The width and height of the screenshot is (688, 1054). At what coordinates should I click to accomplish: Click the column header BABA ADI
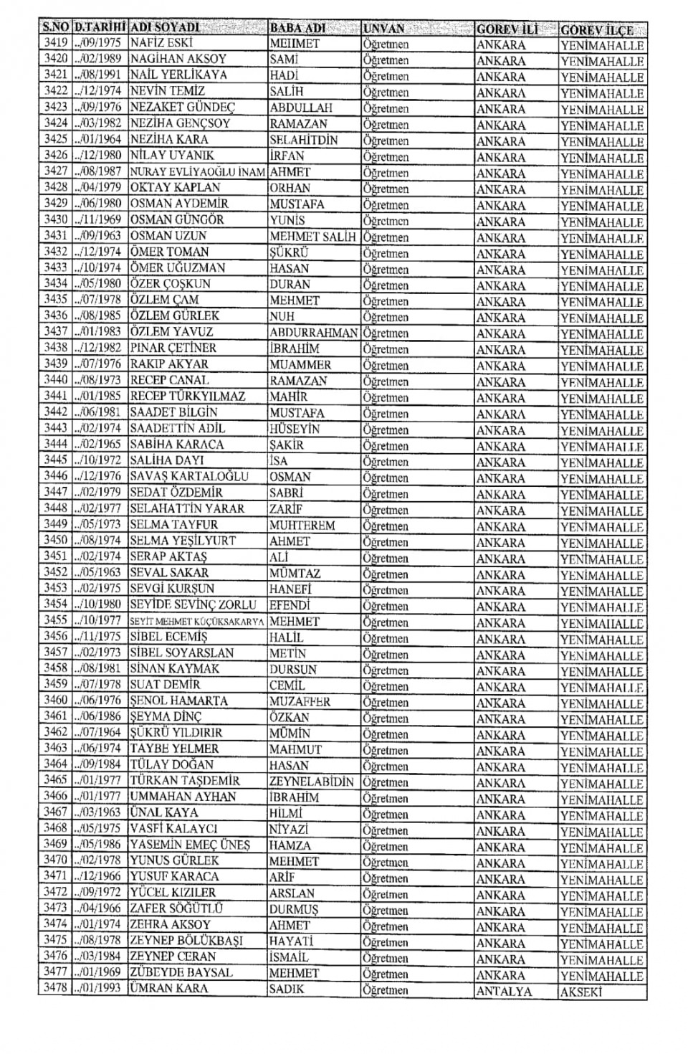tap(297, 29)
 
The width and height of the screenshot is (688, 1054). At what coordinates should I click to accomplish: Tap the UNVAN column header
tap(384, 29)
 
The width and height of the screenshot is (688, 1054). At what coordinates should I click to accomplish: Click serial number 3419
tap(55, 43)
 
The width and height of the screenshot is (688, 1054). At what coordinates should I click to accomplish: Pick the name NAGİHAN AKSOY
tap(178, 59)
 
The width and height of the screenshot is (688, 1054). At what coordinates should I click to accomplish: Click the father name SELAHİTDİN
tap(303, 140)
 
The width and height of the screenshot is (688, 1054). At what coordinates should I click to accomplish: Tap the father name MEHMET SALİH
tap(312, 237)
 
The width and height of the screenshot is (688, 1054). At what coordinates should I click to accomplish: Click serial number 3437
tap(55, 332)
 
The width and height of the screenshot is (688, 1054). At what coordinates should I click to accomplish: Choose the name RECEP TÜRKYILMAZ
tap(188, 397)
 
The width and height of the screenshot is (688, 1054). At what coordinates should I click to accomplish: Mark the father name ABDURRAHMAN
tap(313, 333)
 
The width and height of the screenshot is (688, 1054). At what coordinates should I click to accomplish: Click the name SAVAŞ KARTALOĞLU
tap(189, 477)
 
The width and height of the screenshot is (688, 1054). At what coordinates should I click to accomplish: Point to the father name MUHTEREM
tap(302, 525)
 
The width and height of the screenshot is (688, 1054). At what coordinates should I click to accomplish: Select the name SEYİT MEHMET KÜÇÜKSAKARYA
tap(197, 622)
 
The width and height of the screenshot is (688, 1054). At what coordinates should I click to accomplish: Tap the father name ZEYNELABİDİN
tap(312, 782)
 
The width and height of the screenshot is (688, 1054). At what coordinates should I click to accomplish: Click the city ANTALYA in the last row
tap(503, 992)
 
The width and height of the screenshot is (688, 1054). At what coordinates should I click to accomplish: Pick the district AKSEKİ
tap(580, 992)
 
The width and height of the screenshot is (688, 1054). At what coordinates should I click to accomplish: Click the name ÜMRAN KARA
tap(168, 989)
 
